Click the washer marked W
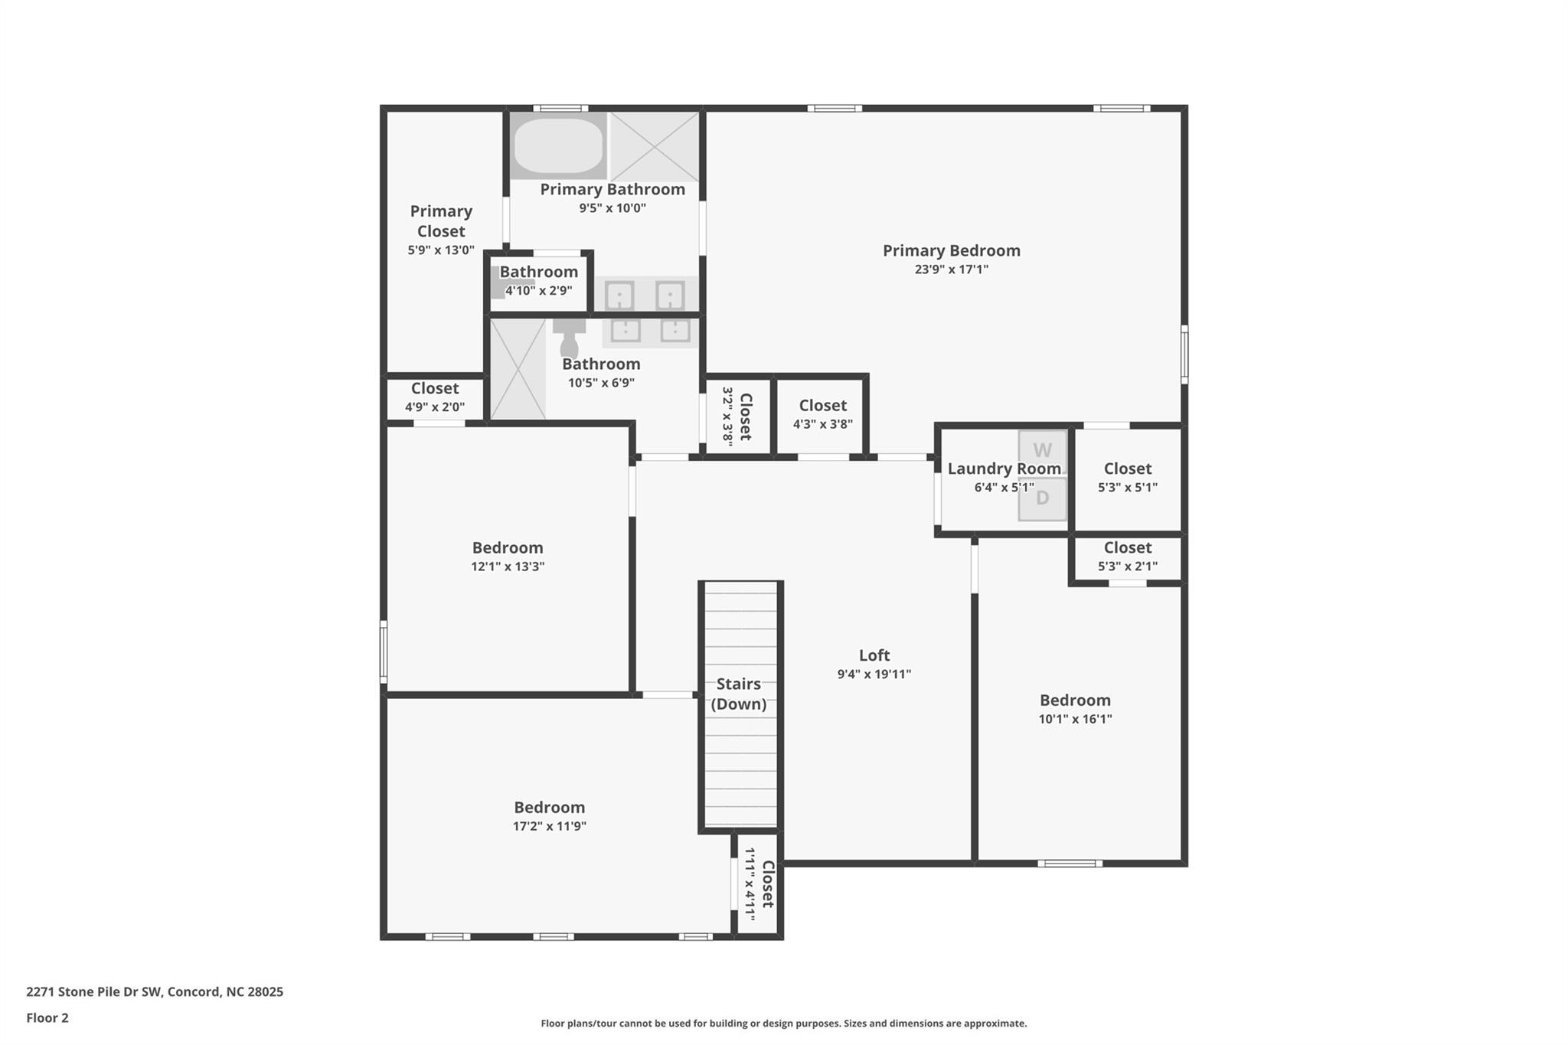tap(1042, 450)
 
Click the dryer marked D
tap(1042, 498)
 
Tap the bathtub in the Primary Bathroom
tap(558, 145)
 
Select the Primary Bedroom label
tap(951, 250)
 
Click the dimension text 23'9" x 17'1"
tap(951, 269)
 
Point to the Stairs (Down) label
tap(739, 694)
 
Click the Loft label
tap(874, 655)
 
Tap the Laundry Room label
tap(1004, 469)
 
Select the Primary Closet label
tap(441, 220)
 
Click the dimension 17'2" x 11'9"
tap(549, 826)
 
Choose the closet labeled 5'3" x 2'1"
tap(1127, 557)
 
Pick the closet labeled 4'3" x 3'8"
tap(822, 414)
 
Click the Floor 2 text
tap(47, 1017)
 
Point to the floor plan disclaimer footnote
tap(783, 1023)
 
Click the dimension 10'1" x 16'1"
tap(1075, 719)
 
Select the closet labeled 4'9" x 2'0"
tap(434, 397)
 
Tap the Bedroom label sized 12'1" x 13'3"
tap(507, 548)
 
